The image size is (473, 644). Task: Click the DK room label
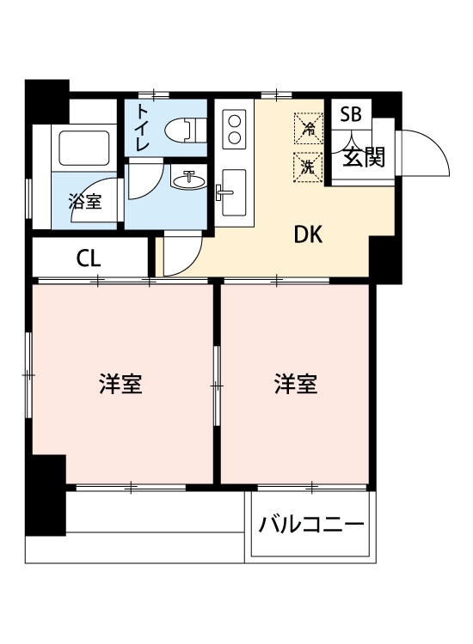click(x=309, y=235)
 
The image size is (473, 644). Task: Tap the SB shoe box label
click(x=350, y=115)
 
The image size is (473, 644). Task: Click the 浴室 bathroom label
click(x=85, y=204)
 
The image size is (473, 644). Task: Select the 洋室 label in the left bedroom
click(x=120, y=384)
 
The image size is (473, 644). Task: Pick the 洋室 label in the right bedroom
click(x=297, y=384)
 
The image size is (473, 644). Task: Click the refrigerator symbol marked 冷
click(x=307, y=128)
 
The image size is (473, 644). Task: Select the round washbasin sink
click(x=188, y=180)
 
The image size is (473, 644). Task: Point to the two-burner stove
click(x=234, y=129)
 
